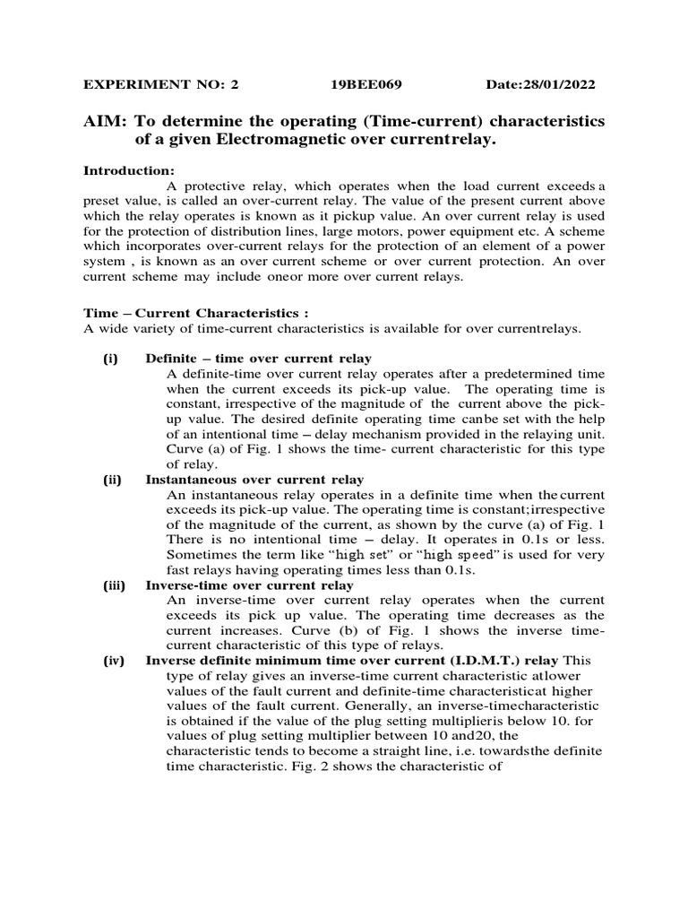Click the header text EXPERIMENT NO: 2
pyautogui.click(x=162, y=85)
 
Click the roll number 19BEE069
pyautogui.click(x=365, y=85)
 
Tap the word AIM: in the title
pyautogui.click(x=104, y=121)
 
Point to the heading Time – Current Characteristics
pyautogui.click(x=195, y=314)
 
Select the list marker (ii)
pyautogui.click(x=112, y=480)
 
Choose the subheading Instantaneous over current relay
pyautogui.click(x=254, y=480)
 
